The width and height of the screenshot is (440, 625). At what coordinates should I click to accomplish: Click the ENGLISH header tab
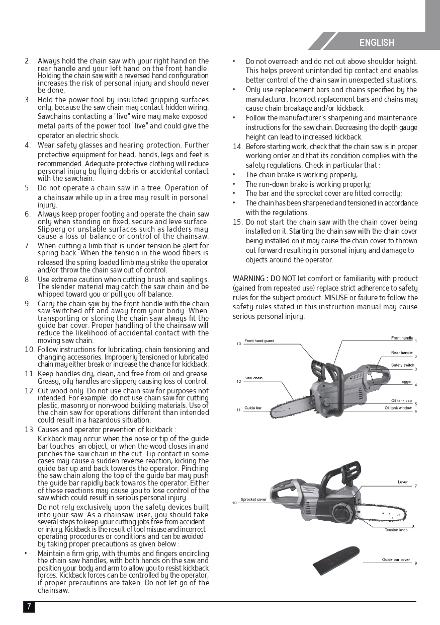(x=377, y=43)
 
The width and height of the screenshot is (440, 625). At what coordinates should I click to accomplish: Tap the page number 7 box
(x=29, y=606)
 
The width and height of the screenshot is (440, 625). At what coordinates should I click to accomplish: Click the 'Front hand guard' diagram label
(x=259, y=341)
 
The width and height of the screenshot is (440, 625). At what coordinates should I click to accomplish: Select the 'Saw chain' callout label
(x=253, y=378)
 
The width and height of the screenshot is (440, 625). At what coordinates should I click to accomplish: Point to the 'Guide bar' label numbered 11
(x=253, y=407)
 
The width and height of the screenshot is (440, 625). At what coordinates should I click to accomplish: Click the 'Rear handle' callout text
(x=402, y=353)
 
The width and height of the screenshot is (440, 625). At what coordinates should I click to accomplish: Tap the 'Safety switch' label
(x=402, y=365)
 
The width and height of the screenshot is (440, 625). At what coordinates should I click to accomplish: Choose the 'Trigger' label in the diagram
(x=406, y=381)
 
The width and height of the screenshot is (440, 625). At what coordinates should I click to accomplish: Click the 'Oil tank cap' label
(x=401, y=400)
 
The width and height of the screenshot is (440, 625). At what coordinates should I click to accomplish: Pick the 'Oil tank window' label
(x=398, y=407)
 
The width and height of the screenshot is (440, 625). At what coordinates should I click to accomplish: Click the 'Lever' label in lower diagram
(x=403, y=482)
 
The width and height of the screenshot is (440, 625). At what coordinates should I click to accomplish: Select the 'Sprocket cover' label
(x=253, y=499)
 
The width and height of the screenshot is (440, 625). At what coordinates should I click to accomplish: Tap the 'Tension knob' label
(x=396, y=530)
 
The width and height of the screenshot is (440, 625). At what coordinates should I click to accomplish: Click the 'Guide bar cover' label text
(x=396, y=560)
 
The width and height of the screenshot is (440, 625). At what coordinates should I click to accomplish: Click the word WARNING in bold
(x=249, y=279)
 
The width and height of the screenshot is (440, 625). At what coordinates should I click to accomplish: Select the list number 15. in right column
(x=237, y=222)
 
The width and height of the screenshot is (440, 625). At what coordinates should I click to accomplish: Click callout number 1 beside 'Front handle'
(x=416, y=341)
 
